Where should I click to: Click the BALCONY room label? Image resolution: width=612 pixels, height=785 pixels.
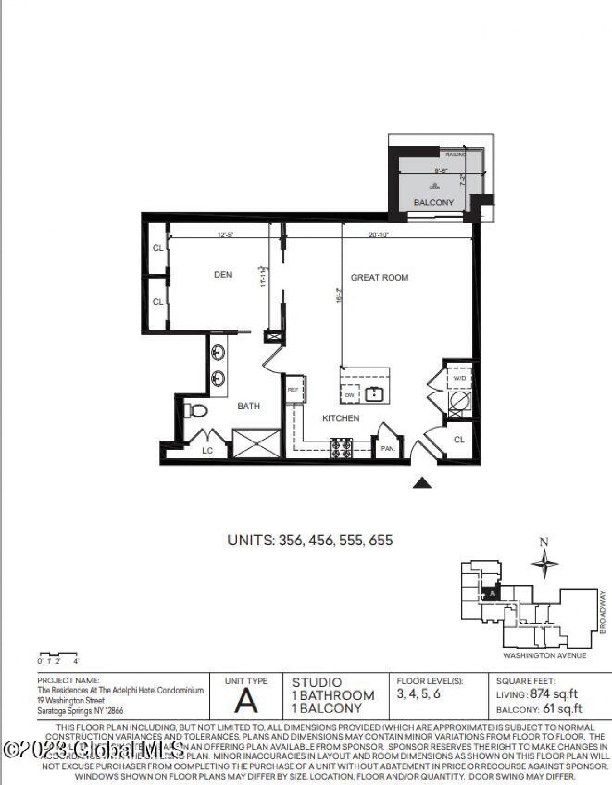433,203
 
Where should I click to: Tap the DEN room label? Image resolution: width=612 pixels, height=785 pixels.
223,275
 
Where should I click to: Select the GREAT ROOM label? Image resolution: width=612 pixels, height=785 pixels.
379,277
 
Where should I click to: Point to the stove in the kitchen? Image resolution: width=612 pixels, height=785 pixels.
341,448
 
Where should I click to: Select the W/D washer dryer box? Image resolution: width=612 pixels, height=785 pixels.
459,378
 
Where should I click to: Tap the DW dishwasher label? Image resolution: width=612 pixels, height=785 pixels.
349,395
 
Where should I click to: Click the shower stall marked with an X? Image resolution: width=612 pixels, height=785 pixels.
256,443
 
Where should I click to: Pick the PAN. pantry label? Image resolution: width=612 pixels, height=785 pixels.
388,449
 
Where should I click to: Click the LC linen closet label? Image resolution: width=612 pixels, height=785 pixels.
207,451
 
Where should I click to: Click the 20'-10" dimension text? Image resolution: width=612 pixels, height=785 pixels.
379,235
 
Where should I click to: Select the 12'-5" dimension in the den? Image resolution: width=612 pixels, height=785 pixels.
225,235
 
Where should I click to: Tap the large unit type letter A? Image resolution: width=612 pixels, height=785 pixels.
246,701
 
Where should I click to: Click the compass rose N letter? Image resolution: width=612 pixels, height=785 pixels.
544,542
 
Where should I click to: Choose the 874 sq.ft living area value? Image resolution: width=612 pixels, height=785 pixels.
554,694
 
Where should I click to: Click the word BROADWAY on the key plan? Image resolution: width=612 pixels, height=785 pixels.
602,612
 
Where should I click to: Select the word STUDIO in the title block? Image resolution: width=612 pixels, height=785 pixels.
317,683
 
